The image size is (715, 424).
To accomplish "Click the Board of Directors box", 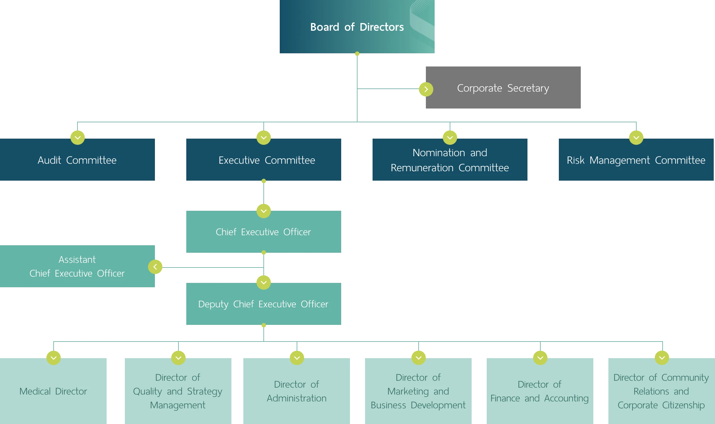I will coord(357,27).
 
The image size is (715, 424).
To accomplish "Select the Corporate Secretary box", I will coord(503,88).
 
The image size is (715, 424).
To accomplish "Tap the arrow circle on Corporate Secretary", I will coord(426,89).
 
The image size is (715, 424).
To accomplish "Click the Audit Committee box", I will coord(77,160).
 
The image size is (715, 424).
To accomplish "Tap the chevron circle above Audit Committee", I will coord(77,137).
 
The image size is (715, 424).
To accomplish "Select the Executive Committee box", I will coord(263,160).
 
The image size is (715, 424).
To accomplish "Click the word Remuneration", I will coord(422,168).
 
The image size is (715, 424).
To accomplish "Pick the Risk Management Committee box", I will coord(636,160).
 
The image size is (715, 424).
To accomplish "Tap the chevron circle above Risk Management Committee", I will coord(636,137).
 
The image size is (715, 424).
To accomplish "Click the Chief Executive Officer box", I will coord(263,232).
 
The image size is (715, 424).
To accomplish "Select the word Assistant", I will coord(77,260).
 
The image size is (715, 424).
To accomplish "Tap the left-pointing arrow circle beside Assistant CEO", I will coord(155,267).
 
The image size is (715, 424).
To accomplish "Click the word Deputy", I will coord(213,304).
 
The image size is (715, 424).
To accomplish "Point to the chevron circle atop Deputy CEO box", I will coord(263,282).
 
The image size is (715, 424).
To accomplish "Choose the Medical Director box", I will coord(53,391).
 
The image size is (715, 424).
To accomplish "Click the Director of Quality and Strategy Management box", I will coord(178,391).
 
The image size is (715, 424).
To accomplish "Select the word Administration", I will coord(297,398).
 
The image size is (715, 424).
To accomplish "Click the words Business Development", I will coord(418,405).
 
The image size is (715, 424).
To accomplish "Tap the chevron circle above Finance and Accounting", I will coord(540,358).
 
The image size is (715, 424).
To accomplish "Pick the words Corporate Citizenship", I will coord(661,405).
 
